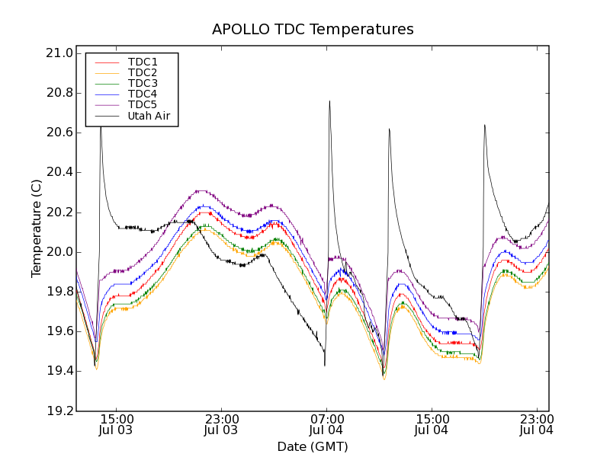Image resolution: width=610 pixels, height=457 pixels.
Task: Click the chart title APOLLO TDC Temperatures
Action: tap(313, 30)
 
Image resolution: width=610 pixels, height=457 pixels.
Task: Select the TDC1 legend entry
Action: tap(143, 62)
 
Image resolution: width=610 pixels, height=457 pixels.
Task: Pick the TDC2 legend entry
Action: tap(143, 72)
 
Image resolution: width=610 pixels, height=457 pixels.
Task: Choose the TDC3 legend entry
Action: tap(143, 83)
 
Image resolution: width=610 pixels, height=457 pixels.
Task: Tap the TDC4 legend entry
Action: tap(143, 94)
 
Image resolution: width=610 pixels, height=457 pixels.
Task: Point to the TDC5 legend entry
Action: tap(143, 105)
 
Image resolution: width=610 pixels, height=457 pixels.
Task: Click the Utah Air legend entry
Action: tap(149, 117)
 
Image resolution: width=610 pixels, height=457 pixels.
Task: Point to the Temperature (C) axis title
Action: tap(37, 228)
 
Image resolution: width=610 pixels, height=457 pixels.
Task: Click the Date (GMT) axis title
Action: tap(313, 446)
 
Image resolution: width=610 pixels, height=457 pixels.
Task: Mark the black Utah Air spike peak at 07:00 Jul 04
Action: tap(329, 101)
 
